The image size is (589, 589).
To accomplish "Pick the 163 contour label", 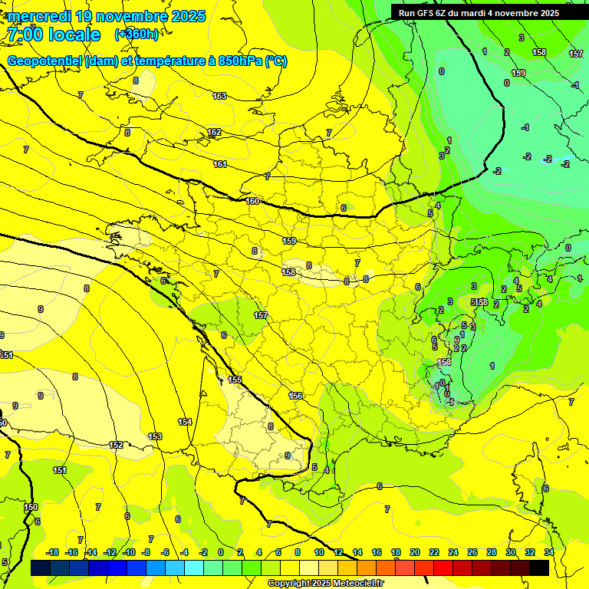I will coord(219,96).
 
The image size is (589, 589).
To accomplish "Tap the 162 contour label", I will coord(214,133).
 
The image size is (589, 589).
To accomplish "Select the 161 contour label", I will coord(220,165).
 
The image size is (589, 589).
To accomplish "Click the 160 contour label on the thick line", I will coord(253,201).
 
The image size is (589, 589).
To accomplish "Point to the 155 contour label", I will coord(235,380).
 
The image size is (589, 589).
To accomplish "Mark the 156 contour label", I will coord(295,396).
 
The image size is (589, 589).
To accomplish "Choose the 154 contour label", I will coord(185,423).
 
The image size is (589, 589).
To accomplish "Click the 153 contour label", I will coord(155,436).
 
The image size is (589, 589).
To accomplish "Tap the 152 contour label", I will coord(116,445).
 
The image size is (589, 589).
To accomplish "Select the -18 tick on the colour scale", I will coord(53,552).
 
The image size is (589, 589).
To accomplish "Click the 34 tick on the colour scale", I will coord(548,552).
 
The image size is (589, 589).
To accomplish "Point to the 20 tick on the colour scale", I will coord(415,552).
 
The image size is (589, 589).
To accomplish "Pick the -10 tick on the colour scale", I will coord(128,552).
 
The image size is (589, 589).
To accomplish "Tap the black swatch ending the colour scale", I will coord(539,568).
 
